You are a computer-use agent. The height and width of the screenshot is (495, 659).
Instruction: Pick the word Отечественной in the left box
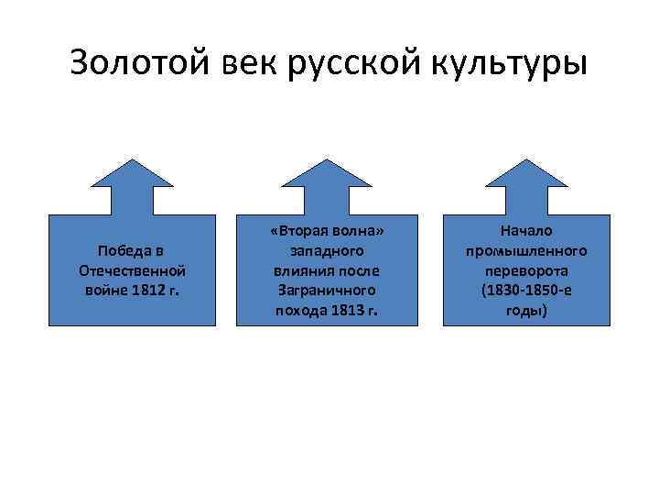pos(134,270)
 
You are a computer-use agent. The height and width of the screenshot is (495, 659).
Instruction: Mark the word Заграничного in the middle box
pos(327,290)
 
